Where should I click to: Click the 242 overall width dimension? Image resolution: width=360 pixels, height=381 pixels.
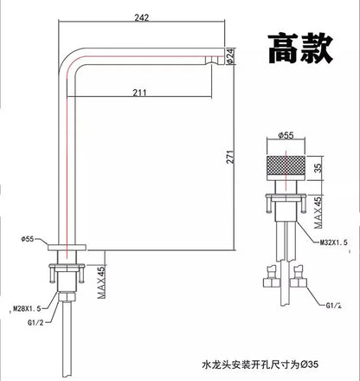pos(142,17)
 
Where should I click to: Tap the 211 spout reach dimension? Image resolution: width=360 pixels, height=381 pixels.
pos(139,93)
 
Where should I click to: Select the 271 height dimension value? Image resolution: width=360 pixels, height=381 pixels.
pos(230,157)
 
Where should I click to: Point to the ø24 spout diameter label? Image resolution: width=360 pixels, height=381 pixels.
pos(230,57)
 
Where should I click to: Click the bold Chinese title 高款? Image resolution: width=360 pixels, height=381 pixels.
pos(300,48)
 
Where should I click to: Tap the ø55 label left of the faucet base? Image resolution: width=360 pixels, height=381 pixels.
pos(28,239)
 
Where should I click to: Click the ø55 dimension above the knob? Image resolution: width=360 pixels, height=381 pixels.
pos(286,135)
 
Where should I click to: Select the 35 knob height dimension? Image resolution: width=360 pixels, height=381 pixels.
pos(318,168)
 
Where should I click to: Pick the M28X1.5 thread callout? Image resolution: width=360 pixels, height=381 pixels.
pos(27,309)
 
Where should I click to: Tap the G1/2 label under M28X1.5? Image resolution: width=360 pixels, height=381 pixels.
pos(35,323)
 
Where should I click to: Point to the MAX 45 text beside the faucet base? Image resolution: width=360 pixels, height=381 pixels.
pos(101,282)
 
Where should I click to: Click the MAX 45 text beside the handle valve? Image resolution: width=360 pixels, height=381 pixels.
pos(318,213)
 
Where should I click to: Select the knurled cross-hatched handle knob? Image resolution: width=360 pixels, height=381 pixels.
pos(286,167)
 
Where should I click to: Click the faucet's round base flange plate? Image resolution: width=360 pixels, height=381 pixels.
pos(67,248)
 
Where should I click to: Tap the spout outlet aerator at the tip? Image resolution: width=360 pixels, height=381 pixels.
pos(215,60)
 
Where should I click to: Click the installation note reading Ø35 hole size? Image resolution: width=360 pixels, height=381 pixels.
pos(260,365)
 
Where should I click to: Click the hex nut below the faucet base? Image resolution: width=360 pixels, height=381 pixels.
pos(67,297)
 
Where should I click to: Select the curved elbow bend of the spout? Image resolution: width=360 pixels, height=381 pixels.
pos(68,60)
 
